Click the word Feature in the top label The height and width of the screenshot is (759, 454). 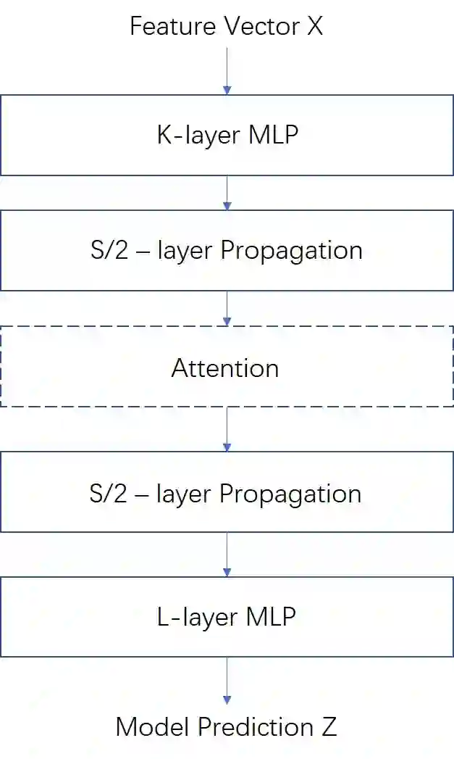163,27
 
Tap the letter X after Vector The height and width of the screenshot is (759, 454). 314,27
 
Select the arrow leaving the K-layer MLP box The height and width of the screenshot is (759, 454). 227,193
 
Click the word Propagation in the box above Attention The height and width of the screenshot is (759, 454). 291,251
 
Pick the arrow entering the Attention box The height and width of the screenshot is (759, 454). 227,309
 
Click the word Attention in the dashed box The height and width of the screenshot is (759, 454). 225,368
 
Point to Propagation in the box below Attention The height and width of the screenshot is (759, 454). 291,494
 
